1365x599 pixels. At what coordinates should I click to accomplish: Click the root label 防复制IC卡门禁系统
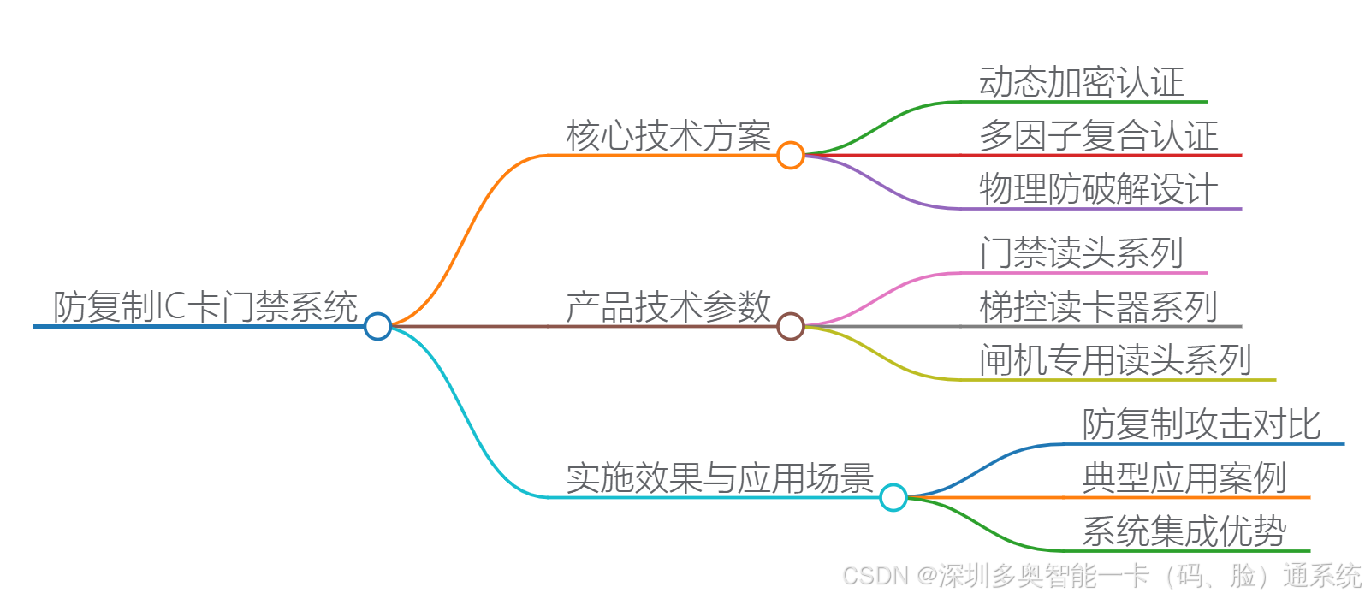pos(205,306)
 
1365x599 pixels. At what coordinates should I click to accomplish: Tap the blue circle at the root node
pos(377,326)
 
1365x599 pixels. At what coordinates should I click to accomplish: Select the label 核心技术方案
pos(668,136)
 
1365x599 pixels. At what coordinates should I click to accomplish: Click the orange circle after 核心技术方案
pos(791,155)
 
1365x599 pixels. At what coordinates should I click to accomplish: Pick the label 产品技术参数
pos(668,306)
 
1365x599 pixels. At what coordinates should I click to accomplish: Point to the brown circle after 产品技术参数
pos(791,326)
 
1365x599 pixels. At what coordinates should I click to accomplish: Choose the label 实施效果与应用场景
pos(720,477)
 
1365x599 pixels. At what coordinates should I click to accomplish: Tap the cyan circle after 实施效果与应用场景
pos(893,497)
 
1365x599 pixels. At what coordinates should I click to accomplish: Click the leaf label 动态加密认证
pos(1082,82)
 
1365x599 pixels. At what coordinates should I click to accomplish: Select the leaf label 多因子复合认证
pos(1099,136)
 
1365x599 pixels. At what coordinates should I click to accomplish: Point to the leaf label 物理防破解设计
pos(1099,189)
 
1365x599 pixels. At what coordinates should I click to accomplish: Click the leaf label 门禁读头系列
pos(1082,253)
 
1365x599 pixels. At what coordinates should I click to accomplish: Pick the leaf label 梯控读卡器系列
pos(1099,306)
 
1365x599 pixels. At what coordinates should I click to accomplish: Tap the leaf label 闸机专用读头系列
pos(1116,360)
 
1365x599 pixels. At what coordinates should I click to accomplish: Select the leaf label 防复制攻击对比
pos(1202,424)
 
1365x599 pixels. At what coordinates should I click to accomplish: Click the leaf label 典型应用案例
pos(1184,477)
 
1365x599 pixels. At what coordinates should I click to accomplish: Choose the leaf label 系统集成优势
pos(1184,531)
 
